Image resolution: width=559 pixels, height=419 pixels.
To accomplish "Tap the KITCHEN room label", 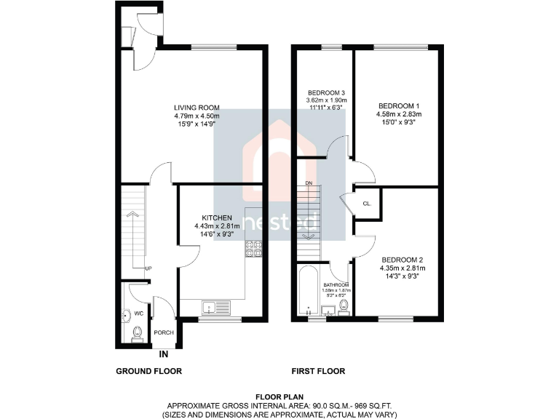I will pos(217,218).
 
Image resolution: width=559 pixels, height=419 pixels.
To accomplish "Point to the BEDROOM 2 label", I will pos(403,260).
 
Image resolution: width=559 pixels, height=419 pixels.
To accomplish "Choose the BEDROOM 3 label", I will pos(325,92).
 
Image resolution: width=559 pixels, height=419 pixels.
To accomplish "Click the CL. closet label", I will pos(367,204).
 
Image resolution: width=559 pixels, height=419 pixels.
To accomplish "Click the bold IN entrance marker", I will pos(164,354).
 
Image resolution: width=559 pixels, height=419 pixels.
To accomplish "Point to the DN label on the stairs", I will pos(308,182).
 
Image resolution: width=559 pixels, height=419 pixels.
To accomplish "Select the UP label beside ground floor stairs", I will pos(148,268).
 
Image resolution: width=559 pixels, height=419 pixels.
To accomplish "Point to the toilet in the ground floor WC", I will pos(137,333).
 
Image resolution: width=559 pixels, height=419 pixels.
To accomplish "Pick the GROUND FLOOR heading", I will pos(148,371).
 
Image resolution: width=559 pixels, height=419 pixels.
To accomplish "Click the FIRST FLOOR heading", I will pos(318,371).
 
